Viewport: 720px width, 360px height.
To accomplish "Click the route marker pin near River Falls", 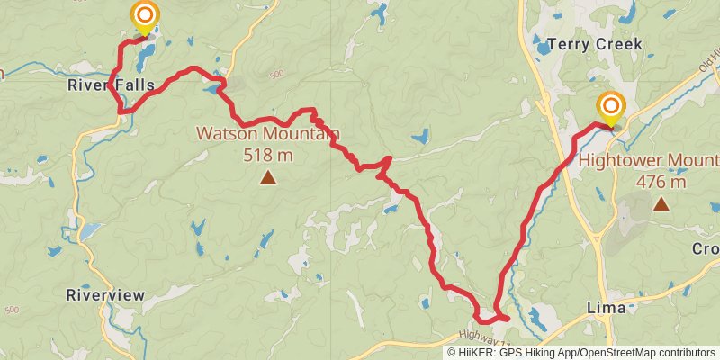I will pyautogui.click(x=144, y=17).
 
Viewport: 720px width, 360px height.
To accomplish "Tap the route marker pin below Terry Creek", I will pyautogui.click(x=611, y=109).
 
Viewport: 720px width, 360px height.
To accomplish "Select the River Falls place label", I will pyautogui.click(x=110, y=86).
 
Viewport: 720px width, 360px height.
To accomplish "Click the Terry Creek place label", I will pyautogui.click(x=595, y=44).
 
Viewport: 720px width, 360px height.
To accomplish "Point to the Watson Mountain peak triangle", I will pyautogui.click(x=267, y=179).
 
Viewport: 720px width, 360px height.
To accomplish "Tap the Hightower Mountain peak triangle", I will pyautogui.click(x=661, y=204).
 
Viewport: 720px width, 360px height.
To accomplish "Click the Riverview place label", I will pyautogui.click(x=105, y=295).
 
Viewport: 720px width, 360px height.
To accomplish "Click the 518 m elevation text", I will pyautogui.click(x=268, y=155).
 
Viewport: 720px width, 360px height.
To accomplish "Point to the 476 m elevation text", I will pyautogui.click(x=661, y=181).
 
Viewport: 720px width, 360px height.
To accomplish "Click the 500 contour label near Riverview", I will pyautogui.click(x=12, y=310).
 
